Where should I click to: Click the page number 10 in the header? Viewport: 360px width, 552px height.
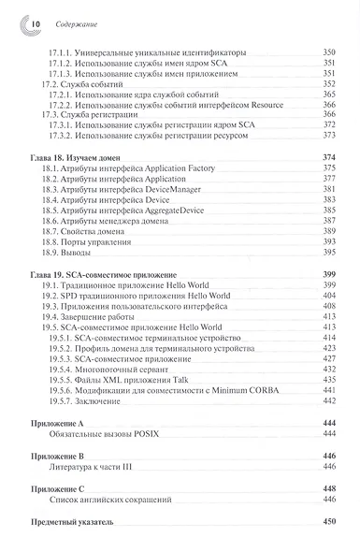tap(26, 21)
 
